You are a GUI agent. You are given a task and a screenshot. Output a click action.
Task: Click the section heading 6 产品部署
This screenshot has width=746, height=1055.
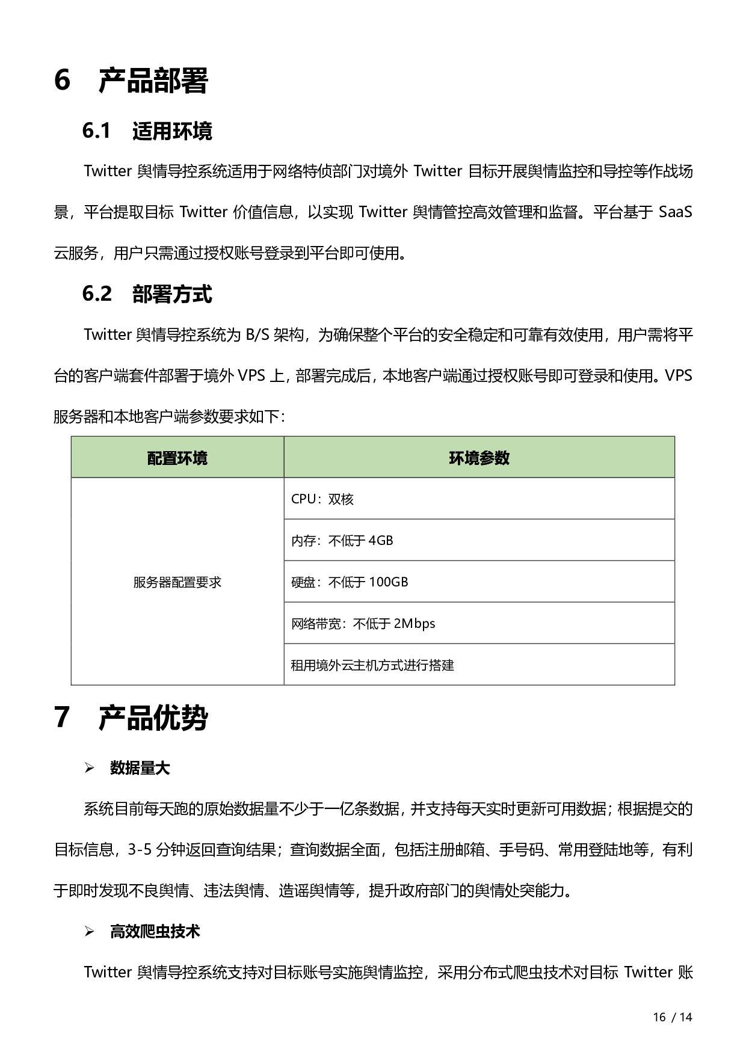tap(131, 81)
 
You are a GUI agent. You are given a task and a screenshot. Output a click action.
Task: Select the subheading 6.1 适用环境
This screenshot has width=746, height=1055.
tap(147, 131)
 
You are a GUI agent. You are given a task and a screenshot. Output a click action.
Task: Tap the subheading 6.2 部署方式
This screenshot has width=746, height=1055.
tap(147, 294)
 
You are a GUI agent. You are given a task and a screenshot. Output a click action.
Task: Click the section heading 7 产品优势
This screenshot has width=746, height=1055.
tap(131, 718)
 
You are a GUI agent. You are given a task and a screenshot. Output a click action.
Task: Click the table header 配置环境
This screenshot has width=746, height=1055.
tap(177, 458)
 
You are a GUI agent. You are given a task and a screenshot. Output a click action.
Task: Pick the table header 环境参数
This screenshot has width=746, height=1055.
tap(479, 458)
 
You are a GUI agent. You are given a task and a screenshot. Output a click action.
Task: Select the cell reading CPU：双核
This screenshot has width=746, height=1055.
tap(322, 499)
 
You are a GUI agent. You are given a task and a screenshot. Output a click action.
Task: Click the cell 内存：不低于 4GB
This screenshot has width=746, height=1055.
tap(342, 541)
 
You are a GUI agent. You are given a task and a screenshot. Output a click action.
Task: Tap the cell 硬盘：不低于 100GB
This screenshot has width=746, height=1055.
tap(350, 582)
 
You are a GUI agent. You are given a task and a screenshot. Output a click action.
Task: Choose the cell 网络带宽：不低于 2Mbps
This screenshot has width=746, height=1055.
tap(363, 624)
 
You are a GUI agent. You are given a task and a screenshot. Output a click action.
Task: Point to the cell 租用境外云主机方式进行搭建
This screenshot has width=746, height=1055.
tap(372, 665)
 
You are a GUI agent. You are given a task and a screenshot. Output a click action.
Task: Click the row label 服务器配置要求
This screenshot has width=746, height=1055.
tap(177, 582)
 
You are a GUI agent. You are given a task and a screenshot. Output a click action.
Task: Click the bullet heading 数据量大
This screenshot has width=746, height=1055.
tap(140, 768)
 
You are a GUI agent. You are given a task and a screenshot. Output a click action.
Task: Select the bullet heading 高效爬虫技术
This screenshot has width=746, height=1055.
tap(155, 932)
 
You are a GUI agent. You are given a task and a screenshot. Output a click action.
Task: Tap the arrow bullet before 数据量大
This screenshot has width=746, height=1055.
tap(90, 768)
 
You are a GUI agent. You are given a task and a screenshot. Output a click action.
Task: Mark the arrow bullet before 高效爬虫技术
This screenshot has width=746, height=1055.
tap(90, 932)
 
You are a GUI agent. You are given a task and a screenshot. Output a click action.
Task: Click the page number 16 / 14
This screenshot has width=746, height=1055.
tap(673, 1017)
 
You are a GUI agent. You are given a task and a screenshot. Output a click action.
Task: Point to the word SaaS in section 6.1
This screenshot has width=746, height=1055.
tap(675, 212)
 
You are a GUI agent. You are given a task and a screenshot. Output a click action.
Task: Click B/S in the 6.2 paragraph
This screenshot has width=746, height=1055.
tap(257, 335)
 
